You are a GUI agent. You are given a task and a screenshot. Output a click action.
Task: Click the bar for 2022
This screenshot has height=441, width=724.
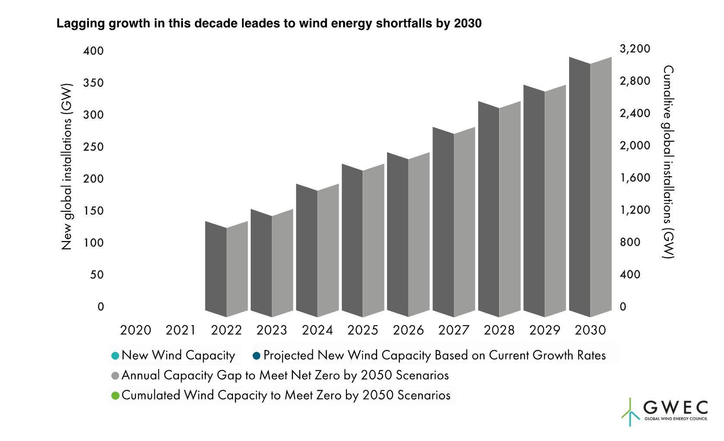click(x=227, y=270)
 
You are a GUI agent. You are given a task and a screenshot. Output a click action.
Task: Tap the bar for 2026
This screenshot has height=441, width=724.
click(x=408, y=235)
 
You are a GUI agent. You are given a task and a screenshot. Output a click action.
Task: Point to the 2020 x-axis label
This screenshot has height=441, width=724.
click(x=135, y=330)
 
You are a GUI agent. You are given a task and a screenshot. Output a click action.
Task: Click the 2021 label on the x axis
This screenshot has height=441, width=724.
click(x=181, y=330)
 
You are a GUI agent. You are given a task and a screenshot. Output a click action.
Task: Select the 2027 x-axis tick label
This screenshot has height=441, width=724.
click(x=453, y=330)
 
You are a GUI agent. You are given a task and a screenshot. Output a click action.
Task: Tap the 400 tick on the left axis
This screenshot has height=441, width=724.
click(x=94, y=51)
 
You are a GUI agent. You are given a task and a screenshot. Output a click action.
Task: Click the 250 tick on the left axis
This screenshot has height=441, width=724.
click(x=94, y=147)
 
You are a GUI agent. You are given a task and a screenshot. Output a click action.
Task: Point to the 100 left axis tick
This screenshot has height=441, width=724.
click(x=94, y=243)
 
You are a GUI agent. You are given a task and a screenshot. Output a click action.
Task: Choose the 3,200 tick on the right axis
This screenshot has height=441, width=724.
click(x=635, y=49)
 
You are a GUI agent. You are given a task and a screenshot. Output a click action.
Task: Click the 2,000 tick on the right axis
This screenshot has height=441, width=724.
click(x=635, y=146)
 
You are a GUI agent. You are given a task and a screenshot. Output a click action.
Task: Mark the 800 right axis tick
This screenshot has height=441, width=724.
click(x=630, y=242)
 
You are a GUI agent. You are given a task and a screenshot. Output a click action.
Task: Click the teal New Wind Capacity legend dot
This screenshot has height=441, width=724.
click(x=115, y=356)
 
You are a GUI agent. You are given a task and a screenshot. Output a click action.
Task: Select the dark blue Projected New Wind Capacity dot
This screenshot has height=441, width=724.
click(x=257, y=356)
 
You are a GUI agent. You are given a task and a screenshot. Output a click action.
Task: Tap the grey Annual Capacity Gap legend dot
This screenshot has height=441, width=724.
click(x=115, y=376)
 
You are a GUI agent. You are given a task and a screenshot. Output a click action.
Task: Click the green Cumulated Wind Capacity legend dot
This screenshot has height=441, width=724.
click(x=115, y=396)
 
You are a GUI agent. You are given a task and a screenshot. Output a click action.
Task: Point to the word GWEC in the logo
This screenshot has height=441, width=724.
click(x=675, y=407)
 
